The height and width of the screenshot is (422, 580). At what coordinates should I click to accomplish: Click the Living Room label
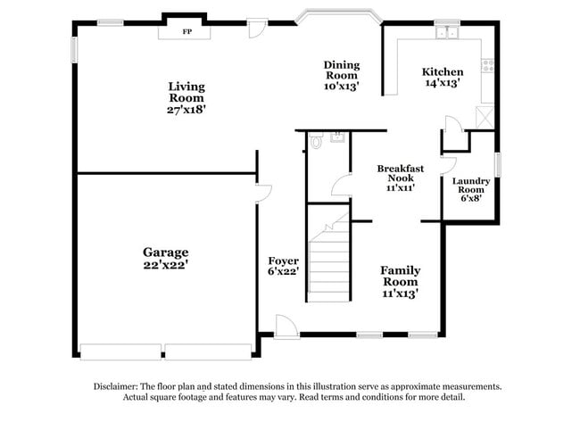(x=186, y=92)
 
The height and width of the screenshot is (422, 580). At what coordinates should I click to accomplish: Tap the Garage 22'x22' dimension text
(x=165, y=264)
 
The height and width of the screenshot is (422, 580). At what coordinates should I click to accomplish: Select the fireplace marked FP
(x=186, y=31)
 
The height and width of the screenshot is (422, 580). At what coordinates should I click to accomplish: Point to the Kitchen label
(x=443, y=72)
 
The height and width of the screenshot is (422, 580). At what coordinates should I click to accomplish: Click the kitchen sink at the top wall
(x=446, y=34)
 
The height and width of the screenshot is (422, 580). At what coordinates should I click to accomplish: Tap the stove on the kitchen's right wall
(x=487, y=65)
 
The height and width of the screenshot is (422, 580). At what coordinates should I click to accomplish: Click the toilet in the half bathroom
(x=316, y=142)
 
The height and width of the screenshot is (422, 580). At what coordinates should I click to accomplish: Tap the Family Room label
(x=401, y=276)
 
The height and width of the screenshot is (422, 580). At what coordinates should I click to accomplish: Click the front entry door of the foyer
(x=286, y=327)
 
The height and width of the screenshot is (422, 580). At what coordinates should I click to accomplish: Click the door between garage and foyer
(x=263, y=194)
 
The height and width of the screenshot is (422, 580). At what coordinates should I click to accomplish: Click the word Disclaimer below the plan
(x=117, y=386)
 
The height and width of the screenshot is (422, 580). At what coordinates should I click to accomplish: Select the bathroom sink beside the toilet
(x=337, y=137)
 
